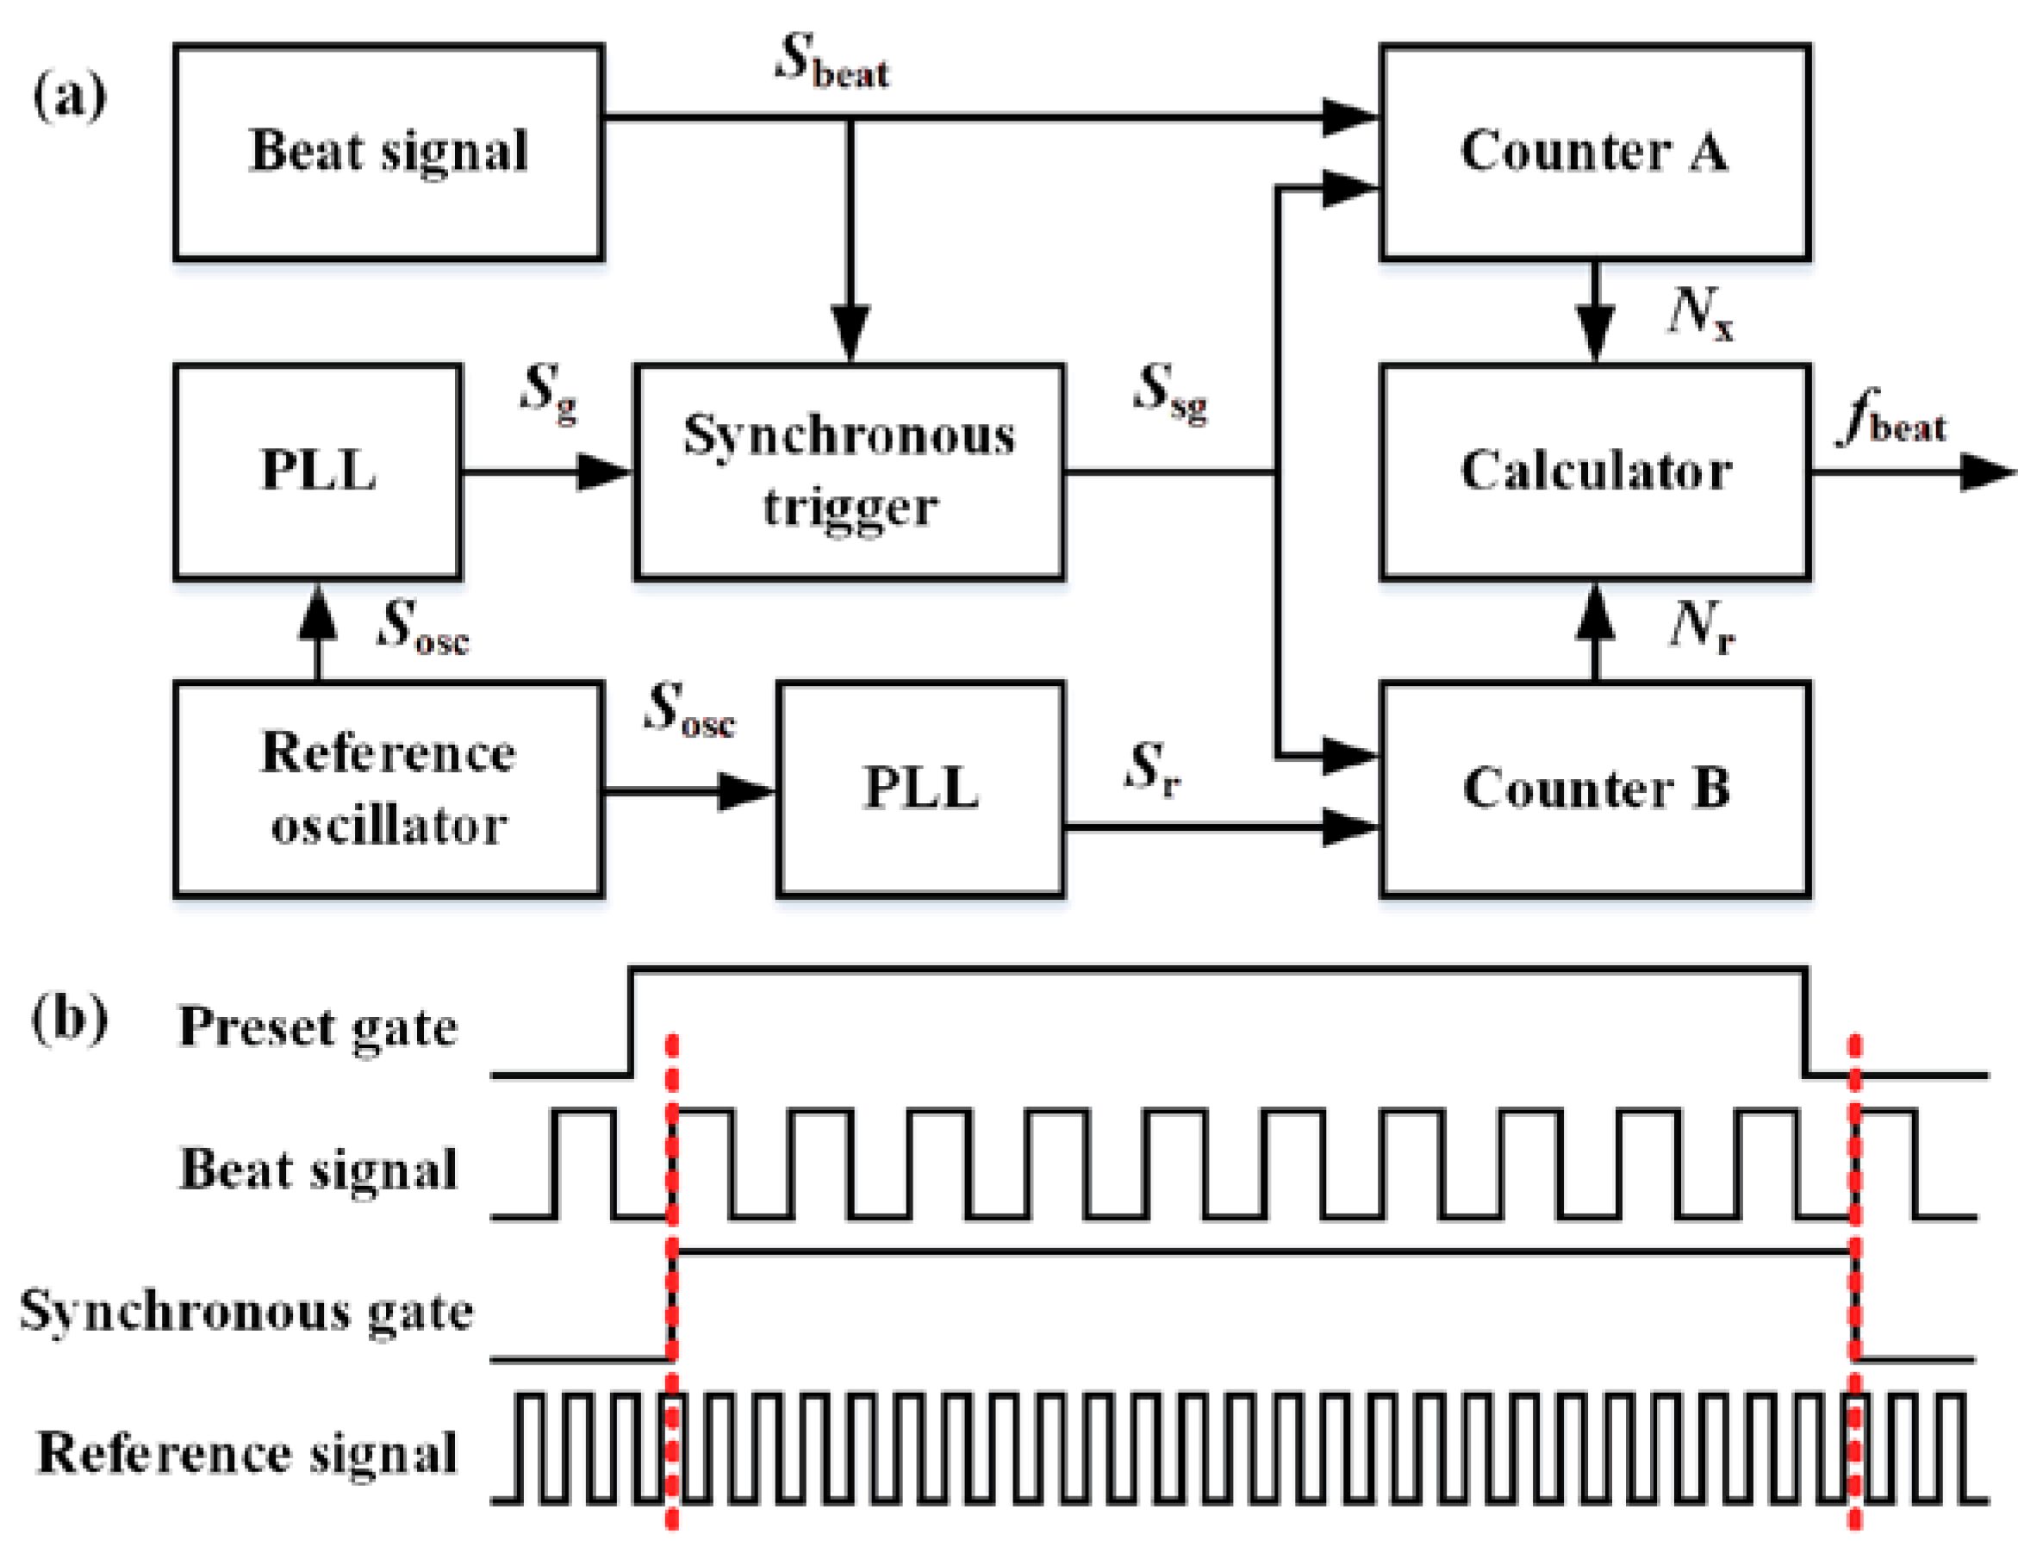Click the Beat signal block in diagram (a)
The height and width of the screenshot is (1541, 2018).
click(388, 153)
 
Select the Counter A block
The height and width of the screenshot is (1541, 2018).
click(1593, 153)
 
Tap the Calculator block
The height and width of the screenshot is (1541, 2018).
click(1593, 471)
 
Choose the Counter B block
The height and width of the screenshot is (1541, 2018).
click(1593, 789)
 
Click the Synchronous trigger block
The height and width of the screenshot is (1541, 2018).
click(849, 471)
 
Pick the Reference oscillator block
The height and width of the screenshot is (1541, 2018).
click(388, 789)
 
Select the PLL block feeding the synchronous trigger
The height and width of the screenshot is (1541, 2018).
click(317, 471)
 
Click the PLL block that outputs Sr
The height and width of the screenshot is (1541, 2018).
click(920, 789)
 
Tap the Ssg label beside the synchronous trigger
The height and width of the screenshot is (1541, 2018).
click(1171, 393)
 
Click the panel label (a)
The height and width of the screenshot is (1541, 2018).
click(70, 96)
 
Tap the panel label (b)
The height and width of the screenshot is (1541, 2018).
click(70, 1018)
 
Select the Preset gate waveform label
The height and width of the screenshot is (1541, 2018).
click(317, 1027)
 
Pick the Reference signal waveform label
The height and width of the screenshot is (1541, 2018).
click(246, 1453)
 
